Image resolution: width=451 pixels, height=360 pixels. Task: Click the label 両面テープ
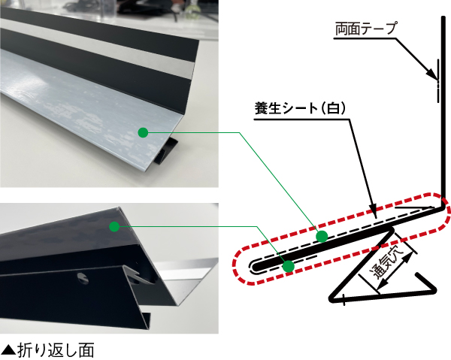[366, 29]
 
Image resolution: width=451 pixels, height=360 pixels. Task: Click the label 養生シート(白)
[300, 108]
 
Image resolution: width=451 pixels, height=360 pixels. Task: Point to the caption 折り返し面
[56, 350]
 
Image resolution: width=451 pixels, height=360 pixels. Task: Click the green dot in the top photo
[143, 132]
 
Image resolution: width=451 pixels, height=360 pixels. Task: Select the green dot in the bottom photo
[114, 226]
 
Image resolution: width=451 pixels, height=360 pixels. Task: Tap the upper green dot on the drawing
[322, 236]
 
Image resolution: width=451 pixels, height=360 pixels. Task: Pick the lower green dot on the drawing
[288, 266]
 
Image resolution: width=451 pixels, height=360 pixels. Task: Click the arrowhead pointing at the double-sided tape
[433, 75]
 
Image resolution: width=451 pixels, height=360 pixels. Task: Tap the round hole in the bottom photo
[83, 277]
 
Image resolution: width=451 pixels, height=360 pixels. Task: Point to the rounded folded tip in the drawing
[255, 266]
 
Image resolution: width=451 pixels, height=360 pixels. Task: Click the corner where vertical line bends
[442, 207]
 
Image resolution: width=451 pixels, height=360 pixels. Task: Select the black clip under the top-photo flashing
[165, 152]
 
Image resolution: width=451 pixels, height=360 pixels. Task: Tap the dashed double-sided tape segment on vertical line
[438, 80]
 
